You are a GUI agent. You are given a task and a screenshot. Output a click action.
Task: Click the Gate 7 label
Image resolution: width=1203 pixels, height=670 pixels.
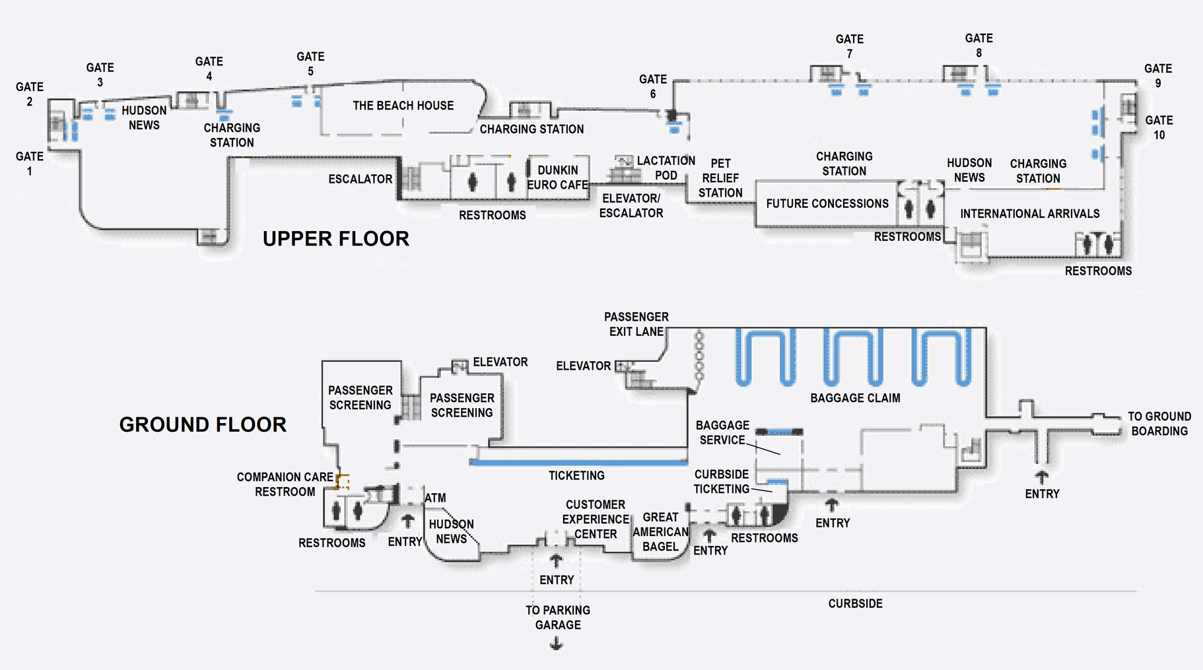849,46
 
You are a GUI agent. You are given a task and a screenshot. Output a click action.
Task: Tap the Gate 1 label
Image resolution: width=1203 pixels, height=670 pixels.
30,164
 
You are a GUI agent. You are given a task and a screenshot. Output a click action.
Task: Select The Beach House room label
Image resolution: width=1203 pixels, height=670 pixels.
403,106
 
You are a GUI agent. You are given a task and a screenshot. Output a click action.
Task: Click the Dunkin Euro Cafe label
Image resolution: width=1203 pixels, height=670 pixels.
557,178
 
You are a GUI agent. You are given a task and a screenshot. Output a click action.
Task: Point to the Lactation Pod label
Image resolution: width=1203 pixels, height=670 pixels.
666,168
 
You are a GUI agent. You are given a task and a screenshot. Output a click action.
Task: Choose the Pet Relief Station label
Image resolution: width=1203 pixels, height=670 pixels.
720,178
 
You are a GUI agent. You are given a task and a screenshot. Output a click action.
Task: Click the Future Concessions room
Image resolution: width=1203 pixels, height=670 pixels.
827,204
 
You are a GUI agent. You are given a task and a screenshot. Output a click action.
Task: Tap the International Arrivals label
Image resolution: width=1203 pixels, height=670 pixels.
1029,214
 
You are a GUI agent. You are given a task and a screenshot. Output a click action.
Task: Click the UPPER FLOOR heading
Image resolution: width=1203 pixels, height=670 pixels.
336,238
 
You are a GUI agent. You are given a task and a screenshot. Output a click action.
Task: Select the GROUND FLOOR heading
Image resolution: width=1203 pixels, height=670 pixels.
203,424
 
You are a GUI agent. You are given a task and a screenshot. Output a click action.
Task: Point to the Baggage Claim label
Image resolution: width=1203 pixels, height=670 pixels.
855,398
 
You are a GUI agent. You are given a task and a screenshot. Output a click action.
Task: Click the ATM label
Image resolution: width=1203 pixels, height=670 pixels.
435,498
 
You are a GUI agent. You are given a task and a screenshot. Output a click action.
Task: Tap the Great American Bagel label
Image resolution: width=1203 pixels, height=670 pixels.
660,532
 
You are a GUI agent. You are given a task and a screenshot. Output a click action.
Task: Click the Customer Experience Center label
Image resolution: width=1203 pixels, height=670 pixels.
596,519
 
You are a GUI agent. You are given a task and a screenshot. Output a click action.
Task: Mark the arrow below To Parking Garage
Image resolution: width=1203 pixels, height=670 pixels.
557,644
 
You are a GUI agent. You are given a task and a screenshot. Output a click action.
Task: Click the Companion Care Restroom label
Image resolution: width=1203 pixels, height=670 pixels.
285,485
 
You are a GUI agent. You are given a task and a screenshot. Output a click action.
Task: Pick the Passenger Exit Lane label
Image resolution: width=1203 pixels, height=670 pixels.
636,324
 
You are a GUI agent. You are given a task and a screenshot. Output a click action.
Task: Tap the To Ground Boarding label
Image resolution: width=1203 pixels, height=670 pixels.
1159,424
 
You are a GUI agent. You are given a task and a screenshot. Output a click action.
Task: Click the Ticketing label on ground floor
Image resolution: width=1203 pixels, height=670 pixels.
576,475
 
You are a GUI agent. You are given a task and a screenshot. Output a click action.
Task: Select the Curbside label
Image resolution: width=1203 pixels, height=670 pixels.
855,603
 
